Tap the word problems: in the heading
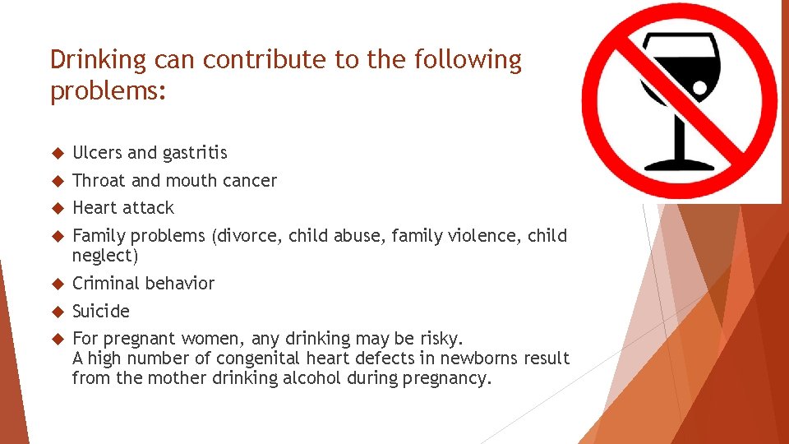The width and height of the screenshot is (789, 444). click(x=108, y=91)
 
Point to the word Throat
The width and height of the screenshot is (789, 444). click(x=99, y=181)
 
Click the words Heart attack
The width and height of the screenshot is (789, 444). click(x=123, y=208)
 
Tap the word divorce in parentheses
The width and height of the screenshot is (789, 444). click(x=247, y=236)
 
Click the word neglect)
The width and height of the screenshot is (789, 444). click(x=105, y=256)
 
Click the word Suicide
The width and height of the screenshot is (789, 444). click(x=101, y=312)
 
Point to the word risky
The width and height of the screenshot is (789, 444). click(x=441, y=339)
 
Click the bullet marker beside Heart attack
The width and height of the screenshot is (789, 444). click(x=57, y=208)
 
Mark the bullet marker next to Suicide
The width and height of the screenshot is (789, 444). click(x=57, y=312)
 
